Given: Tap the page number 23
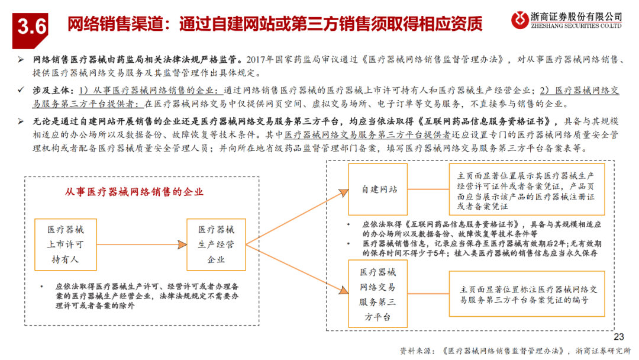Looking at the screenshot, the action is click(x=619, y=335).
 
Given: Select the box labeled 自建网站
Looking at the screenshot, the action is click(x=379, y=189).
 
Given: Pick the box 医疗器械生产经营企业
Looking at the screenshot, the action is click(x=216, y=244).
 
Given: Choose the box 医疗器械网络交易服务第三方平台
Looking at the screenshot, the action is click(x=378, y=294).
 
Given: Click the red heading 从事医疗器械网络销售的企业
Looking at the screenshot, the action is click(x=134, y=192).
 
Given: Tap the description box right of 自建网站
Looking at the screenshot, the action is click(x=527, y=189).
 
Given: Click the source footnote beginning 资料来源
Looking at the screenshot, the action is click(x=515, y=349).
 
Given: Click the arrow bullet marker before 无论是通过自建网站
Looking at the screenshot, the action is click(x=21, y=121).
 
